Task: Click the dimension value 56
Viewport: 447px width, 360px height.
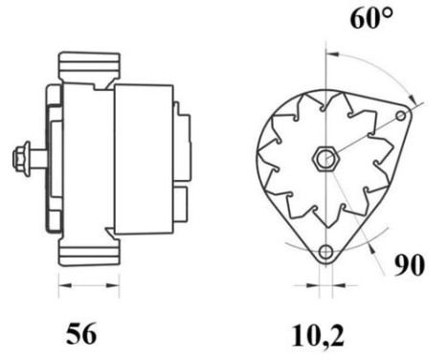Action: point(81,334)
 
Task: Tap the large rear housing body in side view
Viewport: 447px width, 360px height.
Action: point(144,158)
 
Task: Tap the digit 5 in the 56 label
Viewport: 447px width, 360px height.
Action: point(73,334)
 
